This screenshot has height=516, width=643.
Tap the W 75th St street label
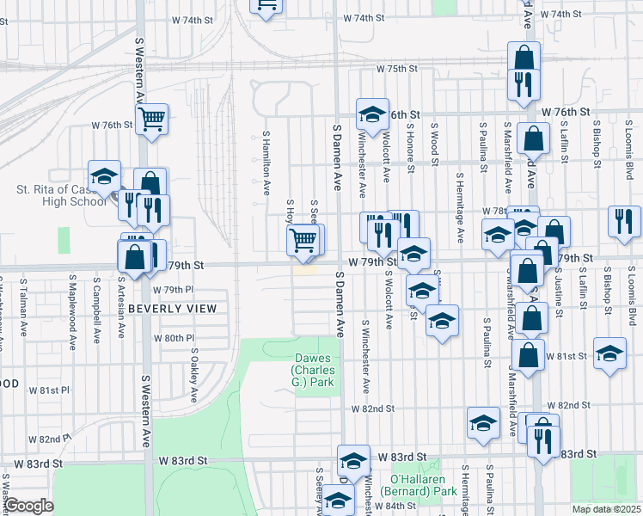coord(395,69)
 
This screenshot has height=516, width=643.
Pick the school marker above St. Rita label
coord(104,177)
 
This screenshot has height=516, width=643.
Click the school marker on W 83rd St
coord(352,460)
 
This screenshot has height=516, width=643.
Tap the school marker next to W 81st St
coord(609,354)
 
